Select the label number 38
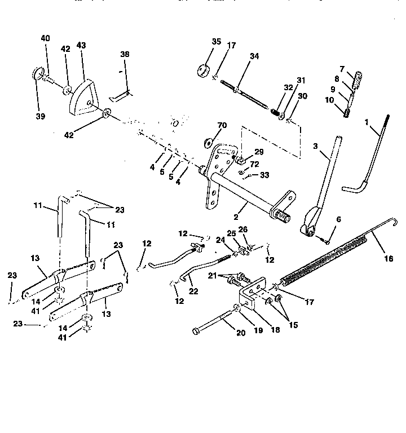125,55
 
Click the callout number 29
259,152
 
